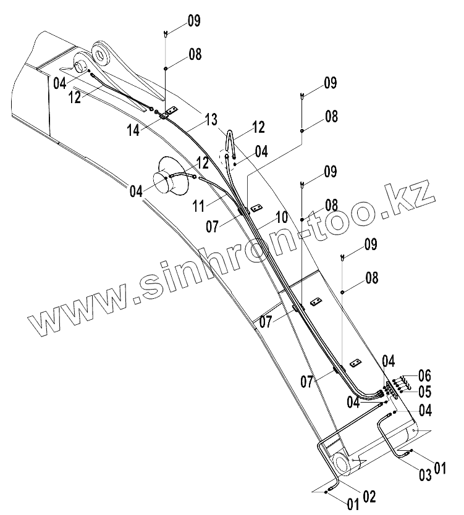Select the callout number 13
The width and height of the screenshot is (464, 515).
[211, 119]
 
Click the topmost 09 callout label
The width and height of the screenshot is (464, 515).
[193, 22]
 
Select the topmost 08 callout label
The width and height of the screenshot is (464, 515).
[195, 54]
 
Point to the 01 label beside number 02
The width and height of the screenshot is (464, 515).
[353, 504]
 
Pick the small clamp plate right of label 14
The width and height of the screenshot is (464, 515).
[172, 109]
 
